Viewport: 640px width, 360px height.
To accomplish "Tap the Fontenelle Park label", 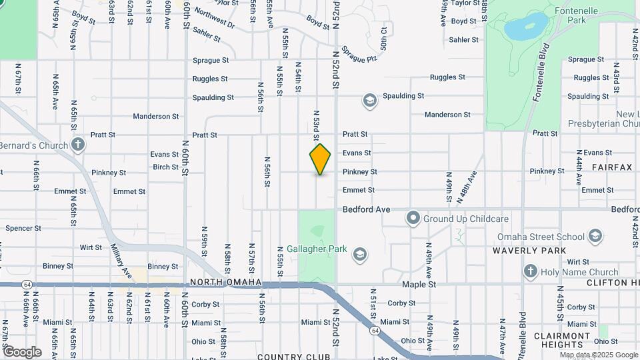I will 576,16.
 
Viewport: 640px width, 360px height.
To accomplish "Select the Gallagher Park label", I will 323,249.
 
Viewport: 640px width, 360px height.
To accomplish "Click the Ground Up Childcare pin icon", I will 413,218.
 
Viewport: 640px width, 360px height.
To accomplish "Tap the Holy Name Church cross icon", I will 531,271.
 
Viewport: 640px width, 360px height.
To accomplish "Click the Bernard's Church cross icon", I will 78,144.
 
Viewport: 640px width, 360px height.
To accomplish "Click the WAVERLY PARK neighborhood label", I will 529,251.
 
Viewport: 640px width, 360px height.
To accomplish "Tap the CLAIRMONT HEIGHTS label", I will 562,340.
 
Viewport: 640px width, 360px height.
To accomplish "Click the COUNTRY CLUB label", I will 293,357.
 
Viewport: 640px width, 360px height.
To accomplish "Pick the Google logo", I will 21,351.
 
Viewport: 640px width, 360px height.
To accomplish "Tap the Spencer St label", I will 23,228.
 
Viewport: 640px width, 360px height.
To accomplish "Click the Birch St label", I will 165,167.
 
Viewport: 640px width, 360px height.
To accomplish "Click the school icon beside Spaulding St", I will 369,101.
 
